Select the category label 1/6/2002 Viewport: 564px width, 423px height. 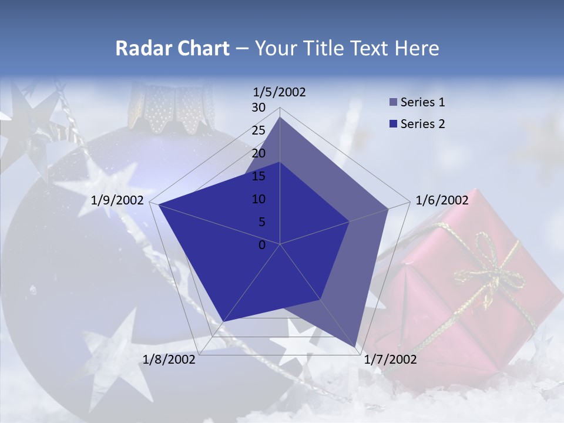442,200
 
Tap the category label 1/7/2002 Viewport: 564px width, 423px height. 390,360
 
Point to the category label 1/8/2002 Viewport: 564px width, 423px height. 169,360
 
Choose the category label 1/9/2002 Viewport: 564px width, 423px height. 117,200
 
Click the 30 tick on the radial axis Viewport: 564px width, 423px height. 258,108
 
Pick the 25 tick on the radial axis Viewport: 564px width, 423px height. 258,130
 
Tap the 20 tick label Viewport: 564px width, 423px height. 258,153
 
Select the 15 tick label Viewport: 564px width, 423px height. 258,176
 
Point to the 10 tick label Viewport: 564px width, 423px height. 258,199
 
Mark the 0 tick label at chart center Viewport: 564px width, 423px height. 262,245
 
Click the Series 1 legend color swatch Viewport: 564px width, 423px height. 393,102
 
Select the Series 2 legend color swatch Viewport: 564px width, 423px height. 393,124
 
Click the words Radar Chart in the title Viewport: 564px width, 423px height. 172,48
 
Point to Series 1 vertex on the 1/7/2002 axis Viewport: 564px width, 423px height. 356,348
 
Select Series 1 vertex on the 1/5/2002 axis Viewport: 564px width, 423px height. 280,117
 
